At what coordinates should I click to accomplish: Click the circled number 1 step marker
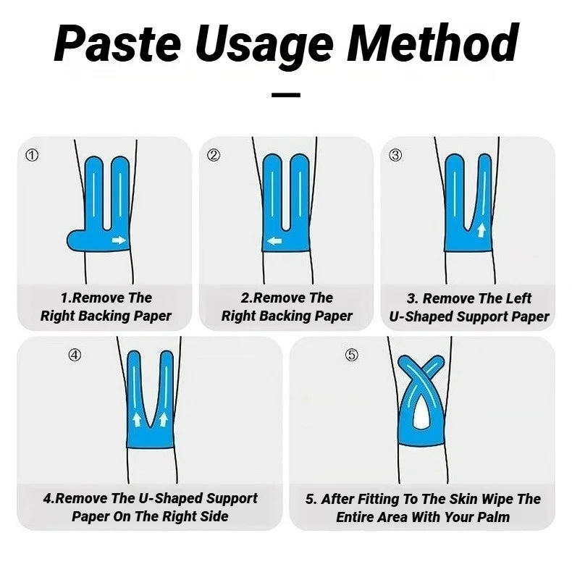tap(31, 156)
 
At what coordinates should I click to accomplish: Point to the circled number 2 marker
tap(213, 156)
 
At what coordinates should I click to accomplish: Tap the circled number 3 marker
tap(395, 156)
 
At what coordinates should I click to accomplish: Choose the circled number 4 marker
tap(75, 355)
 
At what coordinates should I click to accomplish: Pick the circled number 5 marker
tap(351, 355)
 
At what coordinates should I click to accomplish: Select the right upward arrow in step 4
tap(163, 419)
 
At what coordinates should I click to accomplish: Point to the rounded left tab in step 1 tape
tap(75, 240)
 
